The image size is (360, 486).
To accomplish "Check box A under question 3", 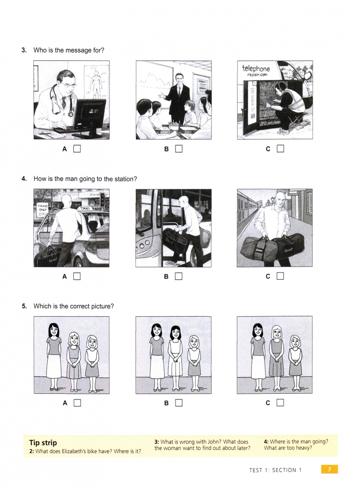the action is tap(77, 149).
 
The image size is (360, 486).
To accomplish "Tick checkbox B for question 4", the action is tap(179, 276).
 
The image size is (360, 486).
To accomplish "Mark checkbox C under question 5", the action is tap(280, 403).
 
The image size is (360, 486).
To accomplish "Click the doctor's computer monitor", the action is tap(89, 117).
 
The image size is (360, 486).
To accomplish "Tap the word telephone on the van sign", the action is tap(256, 68).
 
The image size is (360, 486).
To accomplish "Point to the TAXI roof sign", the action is tap(85, 209).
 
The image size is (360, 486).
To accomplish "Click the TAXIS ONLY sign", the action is tap(42, 207).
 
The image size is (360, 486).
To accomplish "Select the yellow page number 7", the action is tap(329, 469).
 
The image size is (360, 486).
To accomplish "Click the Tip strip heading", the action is tap(43, 442).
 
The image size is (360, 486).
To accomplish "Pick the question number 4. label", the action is tap(24, 179).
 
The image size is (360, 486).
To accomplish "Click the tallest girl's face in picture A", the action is tap(54, 330).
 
